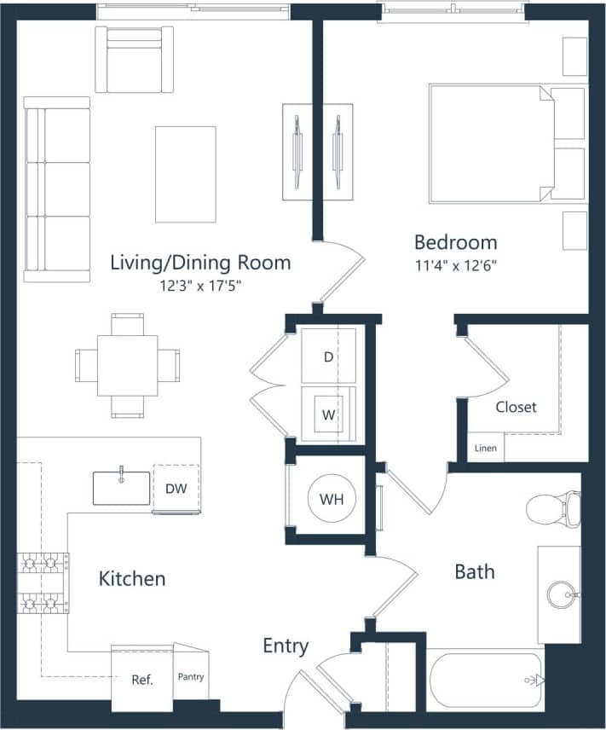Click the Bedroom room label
pos(455,241)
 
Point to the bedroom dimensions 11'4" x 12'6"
pos(455,265)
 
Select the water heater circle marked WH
pos(332,499)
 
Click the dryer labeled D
pos(328,356)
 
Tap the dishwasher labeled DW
pos(176,489)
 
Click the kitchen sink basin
pos(121,488)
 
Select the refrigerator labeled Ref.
pos(141,680)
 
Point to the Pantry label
pos(191,677)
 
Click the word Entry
pos(286,646)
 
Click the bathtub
pos(484,680)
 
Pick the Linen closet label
pos(485,447)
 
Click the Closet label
pos(516,407)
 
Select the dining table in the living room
pos(127,365)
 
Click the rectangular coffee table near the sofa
pos(185,174)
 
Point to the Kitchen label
pos(132,579)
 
